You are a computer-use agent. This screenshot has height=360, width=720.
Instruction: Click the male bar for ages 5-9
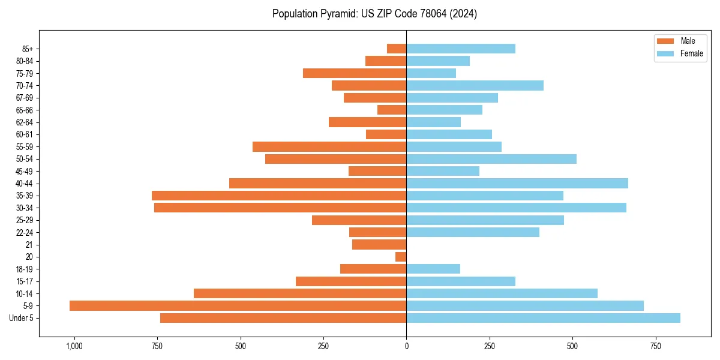point(238,306)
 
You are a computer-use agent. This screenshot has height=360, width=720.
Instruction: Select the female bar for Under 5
point(543,318)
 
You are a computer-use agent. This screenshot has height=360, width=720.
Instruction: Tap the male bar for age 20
point(401,257)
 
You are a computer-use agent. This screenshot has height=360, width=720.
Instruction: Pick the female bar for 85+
point(461,49)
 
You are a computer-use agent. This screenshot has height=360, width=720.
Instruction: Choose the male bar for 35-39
point(279,196)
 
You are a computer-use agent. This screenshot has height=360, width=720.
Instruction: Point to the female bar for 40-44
point(517,183)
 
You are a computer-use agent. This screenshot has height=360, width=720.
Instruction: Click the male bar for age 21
point(379,245)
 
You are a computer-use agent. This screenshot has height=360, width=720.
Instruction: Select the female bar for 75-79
point(431,73)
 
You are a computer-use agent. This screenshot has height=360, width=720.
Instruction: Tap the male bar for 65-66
point(392,110)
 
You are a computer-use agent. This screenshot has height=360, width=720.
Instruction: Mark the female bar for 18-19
point(433,269)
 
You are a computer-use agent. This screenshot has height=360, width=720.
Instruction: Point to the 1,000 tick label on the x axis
point(74,346)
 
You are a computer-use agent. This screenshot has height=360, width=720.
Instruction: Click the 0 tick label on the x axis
point(406,346)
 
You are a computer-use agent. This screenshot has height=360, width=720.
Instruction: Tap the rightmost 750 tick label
point(656,346)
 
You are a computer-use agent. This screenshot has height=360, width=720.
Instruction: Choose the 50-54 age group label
point(25,159)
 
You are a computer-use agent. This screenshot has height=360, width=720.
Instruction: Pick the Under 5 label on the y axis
point(22,318)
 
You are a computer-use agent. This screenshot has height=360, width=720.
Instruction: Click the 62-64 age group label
point(25,122)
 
